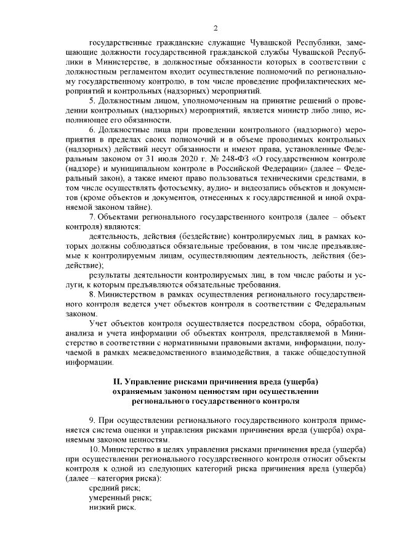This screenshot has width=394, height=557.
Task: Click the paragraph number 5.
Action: click(x=91, y=100)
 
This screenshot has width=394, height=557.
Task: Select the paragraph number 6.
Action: click(x=91, y=130)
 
